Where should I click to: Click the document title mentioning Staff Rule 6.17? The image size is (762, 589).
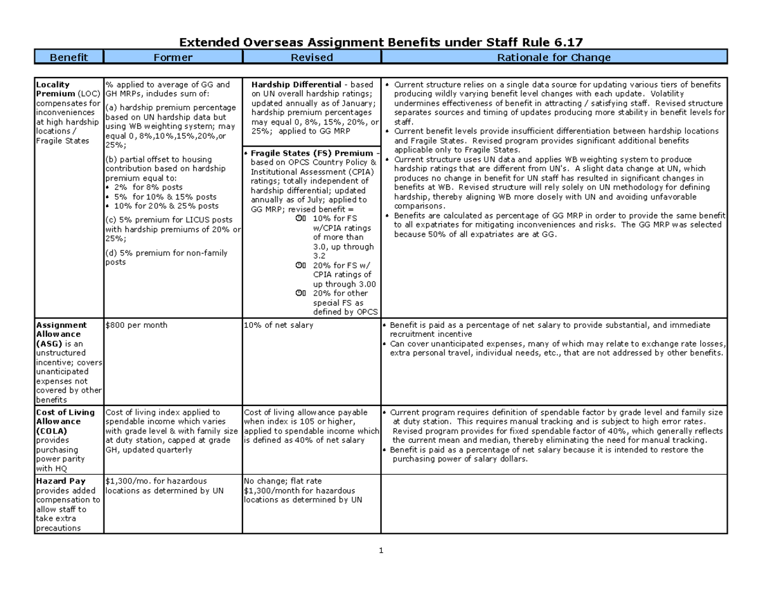[380, 43]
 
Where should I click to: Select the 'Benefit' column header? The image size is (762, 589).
[69, 58]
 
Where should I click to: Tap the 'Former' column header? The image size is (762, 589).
[173, 58]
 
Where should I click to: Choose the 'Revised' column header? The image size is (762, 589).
[311, 58]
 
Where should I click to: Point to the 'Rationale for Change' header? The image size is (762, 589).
[554, 58]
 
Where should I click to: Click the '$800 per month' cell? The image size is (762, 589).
[137, 325]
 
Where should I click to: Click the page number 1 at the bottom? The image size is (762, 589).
[380, 551]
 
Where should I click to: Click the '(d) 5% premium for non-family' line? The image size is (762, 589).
[166, 254]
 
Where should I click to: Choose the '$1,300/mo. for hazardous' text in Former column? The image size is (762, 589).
[156, 481]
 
